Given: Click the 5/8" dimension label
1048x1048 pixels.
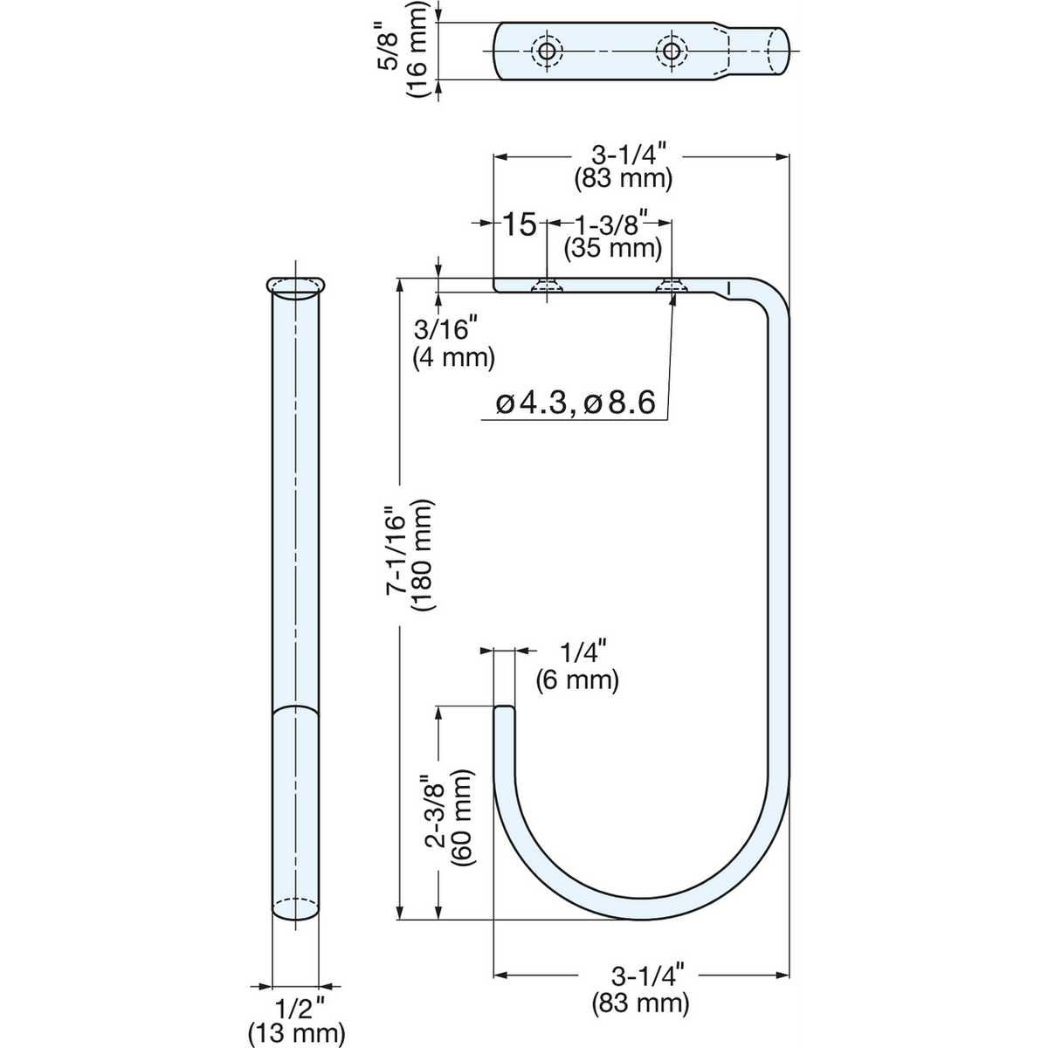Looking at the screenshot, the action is tap(390, 45).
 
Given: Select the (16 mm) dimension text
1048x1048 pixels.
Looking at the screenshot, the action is tap(419, 50).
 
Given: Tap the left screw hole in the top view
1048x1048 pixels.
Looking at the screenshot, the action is tap(546, 52).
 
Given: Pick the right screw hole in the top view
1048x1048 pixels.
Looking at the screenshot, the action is tap(672, 52).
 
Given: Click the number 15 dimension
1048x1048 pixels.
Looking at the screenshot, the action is tap(520, 224).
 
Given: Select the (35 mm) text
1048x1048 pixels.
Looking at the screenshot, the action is tap(613, 249).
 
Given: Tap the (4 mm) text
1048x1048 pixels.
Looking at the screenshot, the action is tap(453, 358).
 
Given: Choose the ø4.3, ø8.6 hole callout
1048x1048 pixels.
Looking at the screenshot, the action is tap(576, 403).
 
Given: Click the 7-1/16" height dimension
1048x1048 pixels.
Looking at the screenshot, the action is tap(396, 550).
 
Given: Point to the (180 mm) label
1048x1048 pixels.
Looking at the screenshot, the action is tap(424, 555).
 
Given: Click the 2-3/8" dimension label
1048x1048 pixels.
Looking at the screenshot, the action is tap(436, 819).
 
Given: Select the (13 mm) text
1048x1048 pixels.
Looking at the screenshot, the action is tap(296, 1021).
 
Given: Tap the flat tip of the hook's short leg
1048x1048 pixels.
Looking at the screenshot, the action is tap(504, 707).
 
